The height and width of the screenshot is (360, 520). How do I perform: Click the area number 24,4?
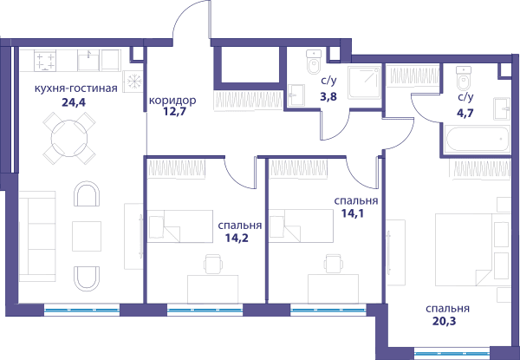pos(74,102)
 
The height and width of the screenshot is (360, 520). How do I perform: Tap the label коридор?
pos(172,101)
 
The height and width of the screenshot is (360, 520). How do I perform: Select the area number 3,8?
pos(328,96)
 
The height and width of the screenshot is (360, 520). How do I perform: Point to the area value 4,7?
pos(465,113)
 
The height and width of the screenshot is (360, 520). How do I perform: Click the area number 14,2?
pos(237,238)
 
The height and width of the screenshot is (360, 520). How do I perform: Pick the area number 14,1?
pos(353,213)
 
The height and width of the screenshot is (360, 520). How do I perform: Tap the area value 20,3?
pos(444,321)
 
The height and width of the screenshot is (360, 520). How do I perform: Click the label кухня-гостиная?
pos(76,88)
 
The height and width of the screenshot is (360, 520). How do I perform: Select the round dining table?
pos(69,138)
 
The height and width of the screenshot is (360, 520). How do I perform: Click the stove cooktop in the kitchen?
pos(45,61)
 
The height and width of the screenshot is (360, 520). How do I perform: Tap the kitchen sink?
pos(88,60)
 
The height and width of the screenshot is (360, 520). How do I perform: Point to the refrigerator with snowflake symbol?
pos(133,82)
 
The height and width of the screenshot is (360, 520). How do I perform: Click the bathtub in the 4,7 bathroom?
pos(477,139)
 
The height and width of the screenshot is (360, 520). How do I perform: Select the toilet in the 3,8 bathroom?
pos(314,62)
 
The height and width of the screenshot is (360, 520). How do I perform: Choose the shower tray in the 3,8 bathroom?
pos(364,82)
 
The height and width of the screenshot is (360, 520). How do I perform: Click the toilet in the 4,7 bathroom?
pos(464,78)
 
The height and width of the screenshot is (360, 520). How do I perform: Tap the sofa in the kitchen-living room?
pos(37,236)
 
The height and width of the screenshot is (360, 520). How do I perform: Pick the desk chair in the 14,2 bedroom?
pos(213,264)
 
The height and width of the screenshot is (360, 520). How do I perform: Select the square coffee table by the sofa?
pos(87,236)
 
